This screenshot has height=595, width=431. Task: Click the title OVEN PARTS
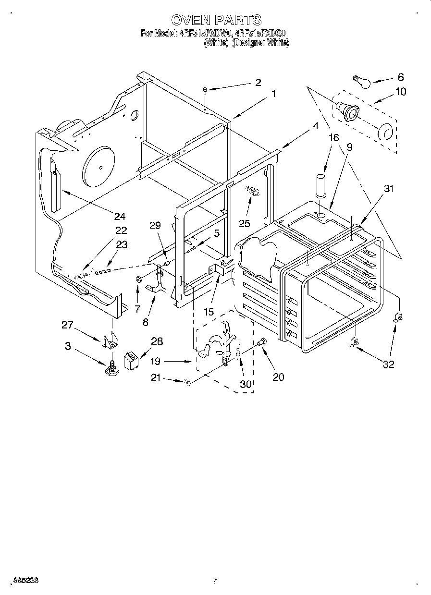click(x=216, y=20)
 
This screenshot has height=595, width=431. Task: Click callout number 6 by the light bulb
click(x=400, y=77)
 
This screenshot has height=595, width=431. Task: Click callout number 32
click(x=388, y=364)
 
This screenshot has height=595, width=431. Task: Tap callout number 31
click(x=388, y=189)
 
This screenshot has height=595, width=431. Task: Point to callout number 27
click(x=67, y=325)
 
